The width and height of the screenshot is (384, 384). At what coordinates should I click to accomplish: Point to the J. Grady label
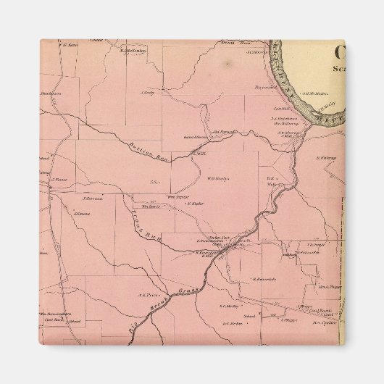[x=148, y=92]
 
